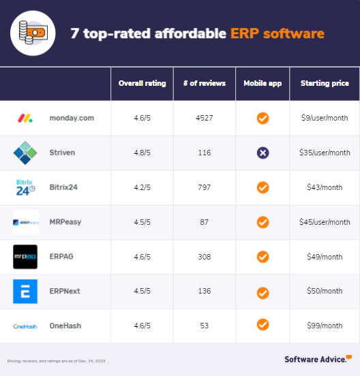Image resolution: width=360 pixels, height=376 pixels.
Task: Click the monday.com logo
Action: (25, 118)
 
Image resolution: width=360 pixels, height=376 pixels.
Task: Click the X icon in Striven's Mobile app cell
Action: (262, 153)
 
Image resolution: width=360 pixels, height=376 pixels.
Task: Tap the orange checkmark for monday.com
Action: (262, 118)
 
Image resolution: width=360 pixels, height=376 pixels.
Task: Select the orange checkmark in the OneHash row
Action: (262, 325)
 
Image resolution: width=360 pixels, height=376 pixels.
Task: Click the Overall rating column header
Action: (142, 84)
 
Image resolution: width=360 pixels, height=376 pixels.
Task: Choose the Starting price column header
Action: (325, 84)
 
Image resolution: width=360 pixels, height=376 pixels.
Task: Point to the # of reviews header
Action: (205, 84)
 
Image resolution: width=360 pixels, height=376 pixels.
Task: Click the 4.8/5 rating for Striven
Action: (142, 153)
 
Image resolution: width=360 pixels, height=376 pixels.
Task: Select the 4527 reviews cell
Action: (205, 118)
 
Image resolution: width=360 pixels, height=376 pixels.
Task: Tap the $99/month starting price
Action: (325, 326)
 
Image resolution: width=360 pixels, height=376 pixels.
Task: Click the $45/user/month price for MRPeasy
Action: (325, 222)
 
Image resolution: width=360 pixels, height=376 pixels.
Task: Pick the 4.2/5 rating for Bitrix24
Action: (142, 187)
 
